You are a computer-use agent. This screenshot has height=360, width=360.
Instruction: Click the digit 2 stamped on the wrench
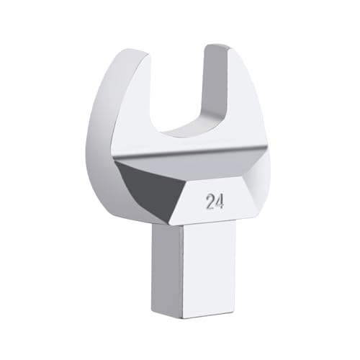point(210,202)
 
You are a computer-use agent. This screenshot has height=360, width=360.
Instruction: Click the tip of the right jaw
point(216,48)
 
